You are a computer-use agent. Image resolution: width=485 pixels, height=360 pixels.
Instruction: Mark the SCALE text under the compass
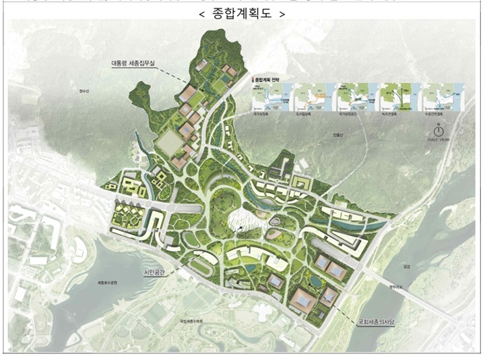click(x=439, y=140)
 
